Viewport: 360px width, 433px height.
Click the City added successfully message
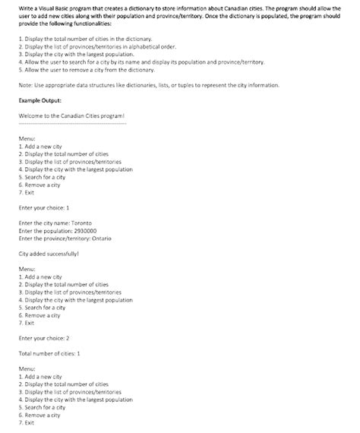click(49, 254)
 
